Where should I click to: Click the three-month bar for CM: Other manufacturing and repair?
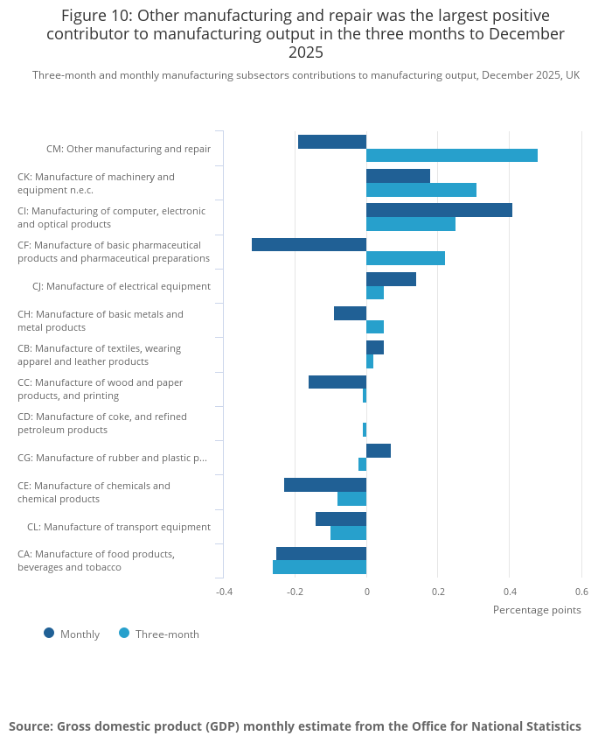pyautogui.click(x=452, y=156)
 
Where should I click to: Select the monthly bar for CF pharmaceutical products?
pyautogui.click(x=309, y=244)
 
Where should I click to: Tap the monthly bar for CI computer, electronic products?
pyautogui.click(x=439, y=210)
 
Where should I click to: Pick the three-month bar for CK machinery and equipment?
pyautogui.click(x=421, y=190)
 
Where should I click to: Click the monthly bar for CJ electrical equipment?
pyautogui.click(x=392, y=279)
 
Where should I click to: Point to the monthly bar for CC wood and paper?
pyautogui.click(x=337, y=382)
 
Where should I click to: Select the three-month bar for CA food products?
pyautogui.click(x=320, y=567)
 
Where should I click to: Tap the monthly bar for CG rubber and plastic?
pyautogui.click(x=379, y=451)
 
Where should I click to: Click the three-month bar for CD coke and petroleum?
pyautogui.click(x=365, y=430)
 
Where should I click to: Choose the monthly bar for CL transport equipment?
pyautogui.click(x=341, y=519)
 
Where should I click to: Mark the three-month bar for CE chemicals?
pyautogui.click(x=352, y=499)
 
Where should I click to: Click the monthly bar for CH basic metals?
pyautogui.click(x=351, y=313)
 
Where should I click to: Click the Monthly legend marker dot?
pyautogui.click(x=49, y=633)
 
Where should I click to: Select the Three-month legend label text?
pyautogui.click(x=167, y=634)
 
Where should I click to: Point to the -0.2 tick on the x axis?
pyautogui.click(x=295, y=592)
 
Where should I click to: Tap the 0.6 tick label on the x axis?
pyautogui.click(x=582, y=592)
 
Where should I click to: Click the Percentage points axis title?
pyautogui.click(x=537, y=610)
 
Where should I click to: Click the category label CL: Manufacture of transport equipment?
pyautogui.click(x=119, y=527)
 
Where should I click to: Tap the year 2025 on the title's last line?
pyautogui.click(x=306, y=53)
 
